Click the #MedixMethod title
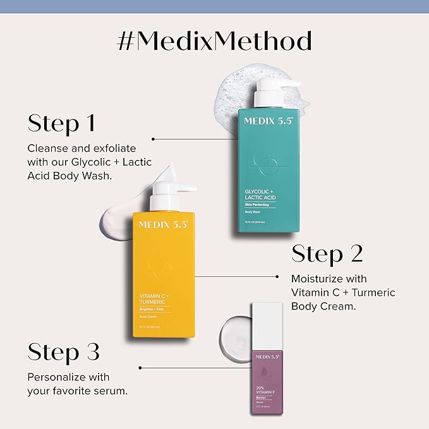click(x=214, y=41)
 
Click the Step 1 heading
click(x=61, y=123)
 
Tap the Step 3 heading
click(x=63, y=351)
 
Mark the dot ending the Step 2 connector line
click(x=278, y=276)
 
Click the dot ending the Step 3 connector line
click(x=140, y=367)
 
